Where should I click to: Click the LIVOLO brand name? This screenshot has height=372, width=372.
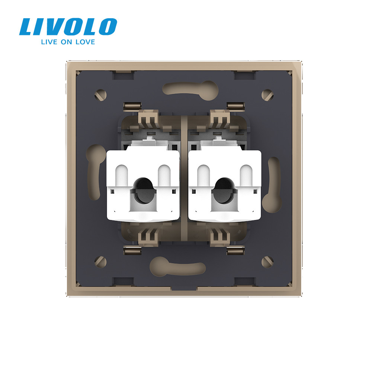68,27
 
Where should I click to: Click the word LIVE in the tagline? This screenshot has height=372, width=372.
50,42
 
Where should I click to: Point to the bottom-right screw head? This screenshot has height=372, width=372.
267,262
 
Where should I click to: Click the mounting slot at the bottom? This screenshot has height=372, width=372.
177,266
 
